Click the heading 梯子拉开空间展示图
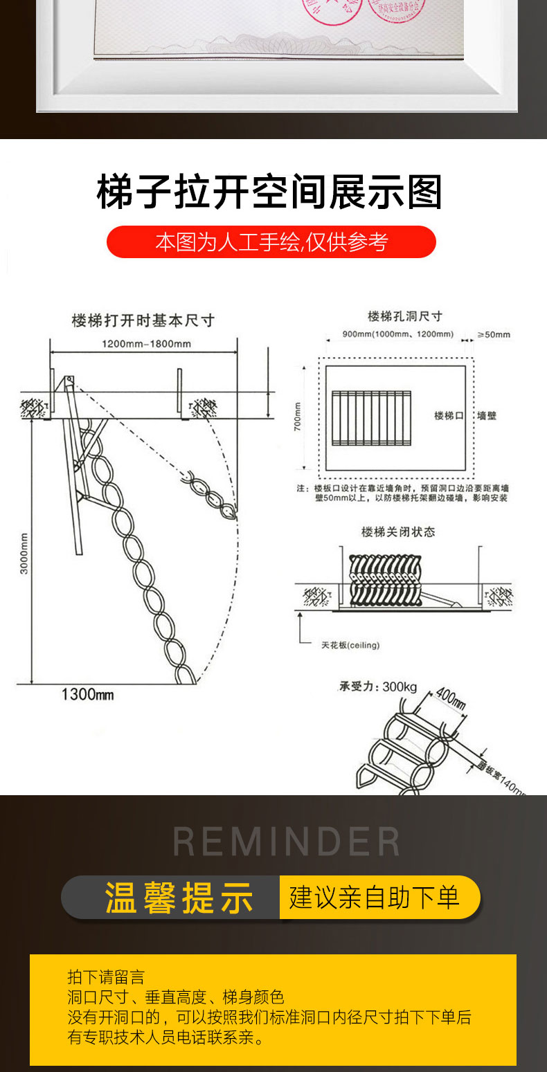(x=269, y=192)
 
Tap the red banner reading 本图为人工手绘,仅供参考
(x=271, y=242)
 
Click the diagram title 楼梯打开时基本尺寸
(x=143, y=320)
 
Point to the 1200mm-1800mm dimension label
(x=147, y=344)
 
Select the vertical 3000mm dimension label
(x=24, y=553)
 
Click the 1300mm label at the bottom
(x=87, y=694)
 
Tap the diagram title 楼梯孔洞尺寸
(x=405, y=316)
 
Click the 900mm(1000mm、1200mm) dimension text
(x=398, y=334)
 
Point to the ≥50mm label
(x=494, y=335)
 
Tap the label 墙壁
(x=487, y=415)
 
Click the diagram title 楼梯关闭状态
(x=398, y=532)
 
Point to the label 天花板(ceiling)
(x=350, y=646)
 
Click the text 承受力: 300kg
(x=378, y=687)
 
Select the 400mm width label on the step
(x=451, y=698)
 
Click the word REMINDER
(x=286, y=842)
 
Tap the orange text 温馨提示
(x=179, y=898)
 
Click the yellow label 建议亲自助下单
(x=374, y=898)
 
